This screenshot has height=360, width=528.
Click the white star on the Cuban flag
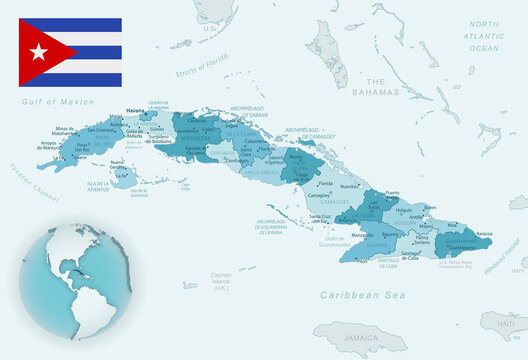[x=39, y=52]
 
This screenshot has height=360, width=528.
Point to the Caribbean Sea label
[x=353, y=295]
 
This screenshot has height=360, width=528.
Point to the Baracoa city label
[x=483, y=232]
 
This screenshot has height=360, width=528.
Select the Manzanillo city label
[x=361, y=233]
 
